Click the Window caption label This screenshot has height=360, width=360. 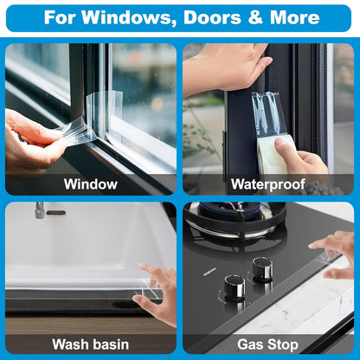tap(90, 183)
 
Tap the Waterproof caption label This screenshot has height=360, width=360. tap(268, 183)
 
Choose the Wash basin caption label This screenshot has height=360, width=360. tap(90, 344)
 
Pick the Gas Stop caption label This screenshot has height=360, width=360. tap(268, 344)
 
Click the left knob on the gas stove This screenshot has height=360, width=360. tap(234, 286)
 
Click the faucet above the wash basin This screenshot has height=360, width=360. tap(39, 209)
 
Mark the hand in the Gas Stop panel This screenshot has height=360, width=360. tap(340, 253)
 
